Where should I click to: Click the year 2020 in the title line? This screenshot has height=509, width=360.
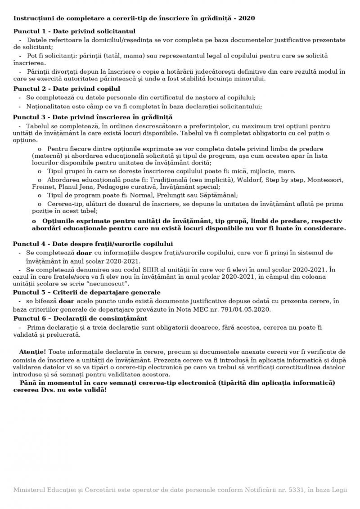247,18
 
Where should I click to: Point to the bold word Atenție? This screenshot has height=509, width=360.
32,351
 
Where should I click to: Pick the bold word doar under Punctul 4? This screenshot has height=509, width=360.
84,253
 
